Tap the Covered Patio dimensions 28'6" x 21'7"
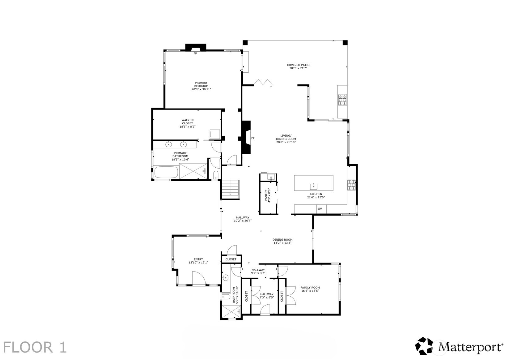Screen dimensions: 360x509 298,68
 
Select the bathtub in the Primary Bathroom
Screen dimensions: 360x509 166,173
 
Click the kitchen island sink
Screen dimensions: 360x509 314,186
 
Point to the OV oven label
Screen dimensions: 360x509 320,209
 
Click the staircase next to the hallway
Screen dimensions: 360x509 231,188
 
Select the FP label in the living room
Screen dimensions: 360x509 253,138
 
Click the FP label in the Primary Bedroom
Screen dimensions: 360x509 195,54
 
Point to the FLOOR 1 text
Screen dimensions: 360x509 35,347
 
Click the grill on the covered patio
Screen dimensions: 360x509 342,100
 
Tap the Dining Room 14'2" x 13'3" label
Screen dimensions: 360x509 282,241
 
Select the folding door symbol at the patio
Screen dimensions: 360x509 263,82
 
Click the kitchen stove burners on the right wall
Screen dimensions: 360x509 351,185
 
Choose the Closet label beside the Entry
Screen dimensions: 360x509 231,259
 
